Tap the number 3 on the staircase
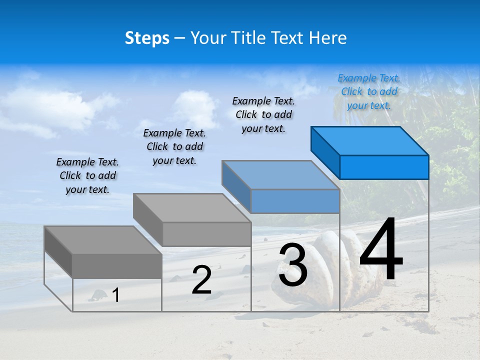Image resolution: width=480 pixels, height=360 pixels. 293,265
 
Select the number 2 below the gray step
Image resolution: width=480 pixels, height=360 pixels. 201,280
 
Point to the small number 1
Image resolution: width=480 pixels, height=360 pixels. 116,295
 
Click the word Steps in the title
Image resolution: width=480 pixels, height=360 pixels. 147,38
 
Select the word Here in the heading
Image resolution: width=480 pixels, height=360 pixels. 328,38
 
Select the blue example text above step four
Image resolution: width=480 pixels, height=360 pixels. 369,91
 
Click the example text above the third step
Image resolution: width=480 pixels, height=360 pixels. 263,114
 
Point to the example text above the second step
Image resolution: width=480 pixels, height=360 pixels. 174,146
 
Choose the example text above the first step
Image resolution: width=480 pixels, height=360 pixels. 87,175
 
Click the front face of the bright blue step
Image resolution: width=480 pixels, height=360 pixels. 384,167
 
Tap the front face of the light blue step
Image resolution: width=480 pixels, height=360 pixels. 295,201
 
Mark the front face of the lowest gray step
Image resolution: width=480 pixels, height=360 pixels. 117,266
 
